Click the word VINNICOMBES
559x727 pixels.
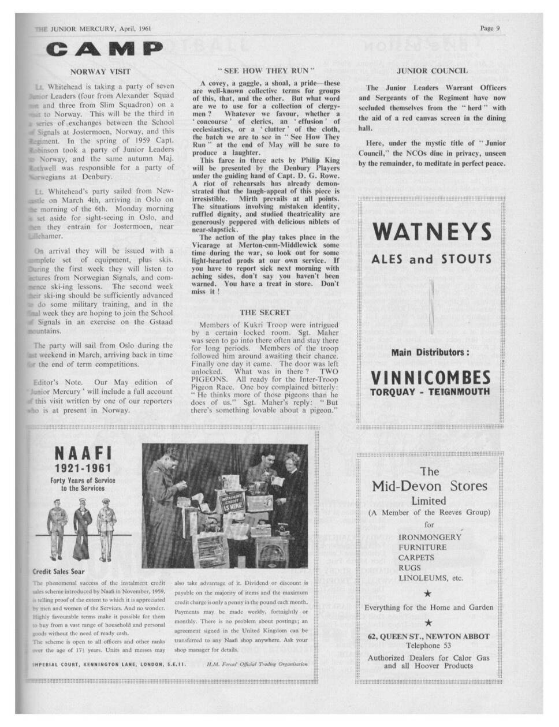pos(430,378)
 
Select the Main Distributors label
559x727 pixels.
pos(430,352)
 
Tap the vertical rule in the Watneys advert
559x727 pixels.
pos(432,306)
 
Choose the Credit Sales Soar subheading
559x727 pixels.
pos(59,572)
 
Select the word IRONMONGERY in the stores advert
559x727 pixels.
pos(430,537)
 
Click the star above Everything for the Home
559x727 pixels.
pos(428,592)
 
